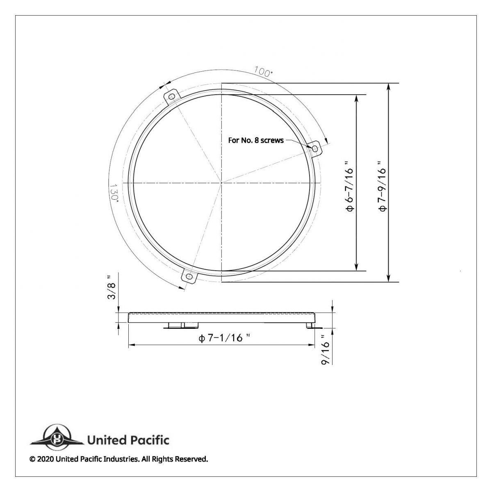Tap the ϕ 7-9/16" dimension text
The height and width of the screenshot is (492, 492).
pos(382,186)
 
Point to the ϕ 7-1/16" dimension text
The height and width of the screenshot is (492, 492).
pos(224,338)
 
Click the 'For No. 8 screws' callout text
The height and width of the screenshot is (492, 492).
pos(256,140)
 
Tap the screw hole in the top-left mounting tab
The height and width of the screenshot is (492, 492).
pos(172,97)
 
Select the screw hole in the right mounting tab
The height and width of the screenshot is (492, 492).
pos(315,148)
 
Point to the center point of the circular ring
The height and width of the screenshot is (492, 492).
pos(222,182)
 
